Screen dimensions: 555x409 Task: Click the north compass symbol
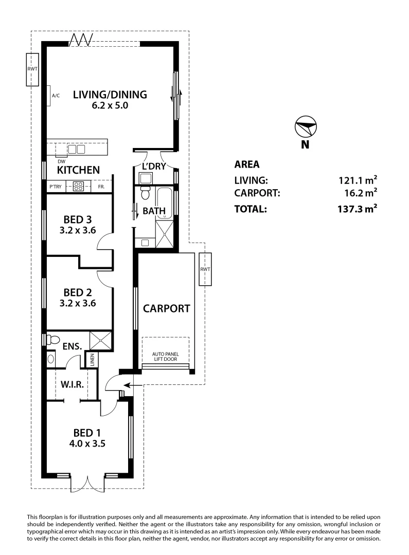tap(306, 125)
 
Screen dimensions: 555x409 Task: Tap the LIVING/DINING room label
tap(110, 95)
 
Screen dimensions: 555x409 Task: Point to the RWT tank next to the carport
tap(205, 269)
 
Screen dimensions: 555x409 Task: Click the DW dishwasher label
tap(61, 161)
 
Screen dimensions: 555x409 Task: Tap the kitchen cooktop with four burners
tap(78, 187)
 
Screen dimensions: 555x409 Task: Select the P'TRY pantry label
tap(56, 187)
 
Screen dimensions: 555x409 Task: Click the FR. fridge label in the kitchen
tap(101, 187)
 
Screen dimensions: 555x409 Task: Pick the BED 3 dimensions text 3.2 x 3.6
tap(79, 230)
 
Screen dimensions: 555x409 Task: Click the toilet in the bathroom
tap(146, 194)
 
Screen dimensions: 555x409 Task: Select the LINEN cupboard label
tap(92, 360)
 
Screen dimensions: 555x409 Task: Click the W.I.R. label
tap(72, 385)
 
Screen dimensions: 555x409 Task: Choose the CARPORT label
tap(166, 309)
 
